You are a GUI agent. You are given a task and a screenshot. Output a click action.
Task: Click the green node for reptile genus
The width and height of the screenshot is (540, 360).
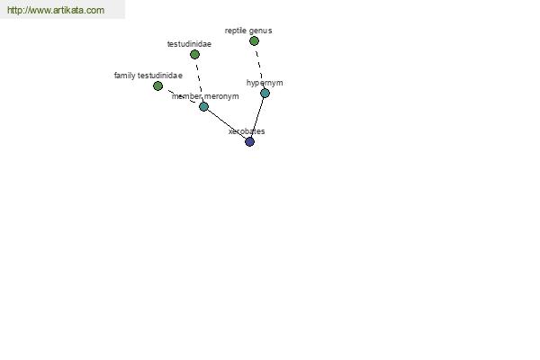[x=254, y=41]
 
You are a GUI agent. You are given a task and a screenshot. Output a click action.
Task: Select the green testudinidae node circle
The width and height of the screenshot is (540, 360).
[x=194, y=54]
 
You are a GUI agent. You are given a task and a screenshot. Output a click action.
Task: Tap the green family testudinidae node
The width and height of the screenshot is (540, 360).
[x=157, y=85]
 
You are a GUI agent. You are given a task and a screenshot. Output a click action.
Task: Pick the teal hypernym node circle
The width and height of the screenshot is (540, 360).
[x=265, y=93]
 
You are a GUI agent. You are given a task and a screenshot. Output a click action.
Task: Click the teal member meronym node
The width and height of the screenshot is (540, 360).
[x=204, y=106]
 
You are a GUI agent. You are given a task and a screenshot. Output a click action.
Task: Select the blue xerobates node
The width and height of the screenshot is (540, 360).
[x=249, y=141]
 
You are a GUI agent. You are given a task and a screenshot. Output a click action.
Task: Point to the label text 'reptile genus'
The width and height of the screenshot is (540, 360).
[x=248, y=31]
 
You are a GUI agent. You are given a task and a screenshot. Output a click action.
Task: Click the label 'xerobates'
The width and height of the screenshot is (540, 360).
[x=247, y=131]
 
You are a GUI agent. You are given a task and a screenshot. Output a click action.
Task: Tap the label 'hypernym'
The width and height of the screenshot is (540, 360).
[x=265, y=83]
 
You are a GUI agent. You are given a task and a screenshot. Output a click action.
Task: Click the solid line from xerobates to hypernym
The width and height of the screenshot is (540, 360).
[x=257, y=118]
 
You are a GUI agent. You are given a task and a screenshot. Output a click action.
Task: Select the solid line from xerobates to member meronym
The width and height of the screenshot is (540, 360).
[x=227, y=124]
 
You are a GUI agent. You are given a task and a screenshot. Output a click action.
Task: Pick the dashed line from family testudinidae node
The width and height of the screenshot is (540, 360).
[x=181, y=96]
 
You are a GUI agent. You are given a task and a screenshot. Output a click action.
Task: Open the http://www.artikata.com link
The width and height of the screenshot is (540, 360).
[x=56, y=10]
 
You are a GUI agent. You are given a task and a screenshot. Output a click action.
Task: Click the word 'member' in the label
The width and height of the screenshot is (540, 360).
[x=186, y=96]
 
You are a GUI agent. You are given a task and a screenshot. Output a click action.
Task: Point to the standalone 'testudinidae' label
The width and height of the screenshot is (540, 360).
[x=189, y=44]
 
